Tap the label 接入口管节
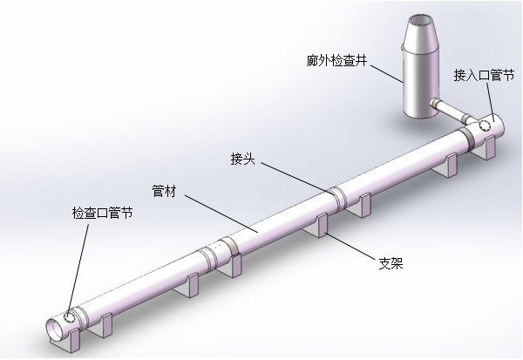(x=483, y=75)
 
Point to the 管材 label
(x=164, y=190)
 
